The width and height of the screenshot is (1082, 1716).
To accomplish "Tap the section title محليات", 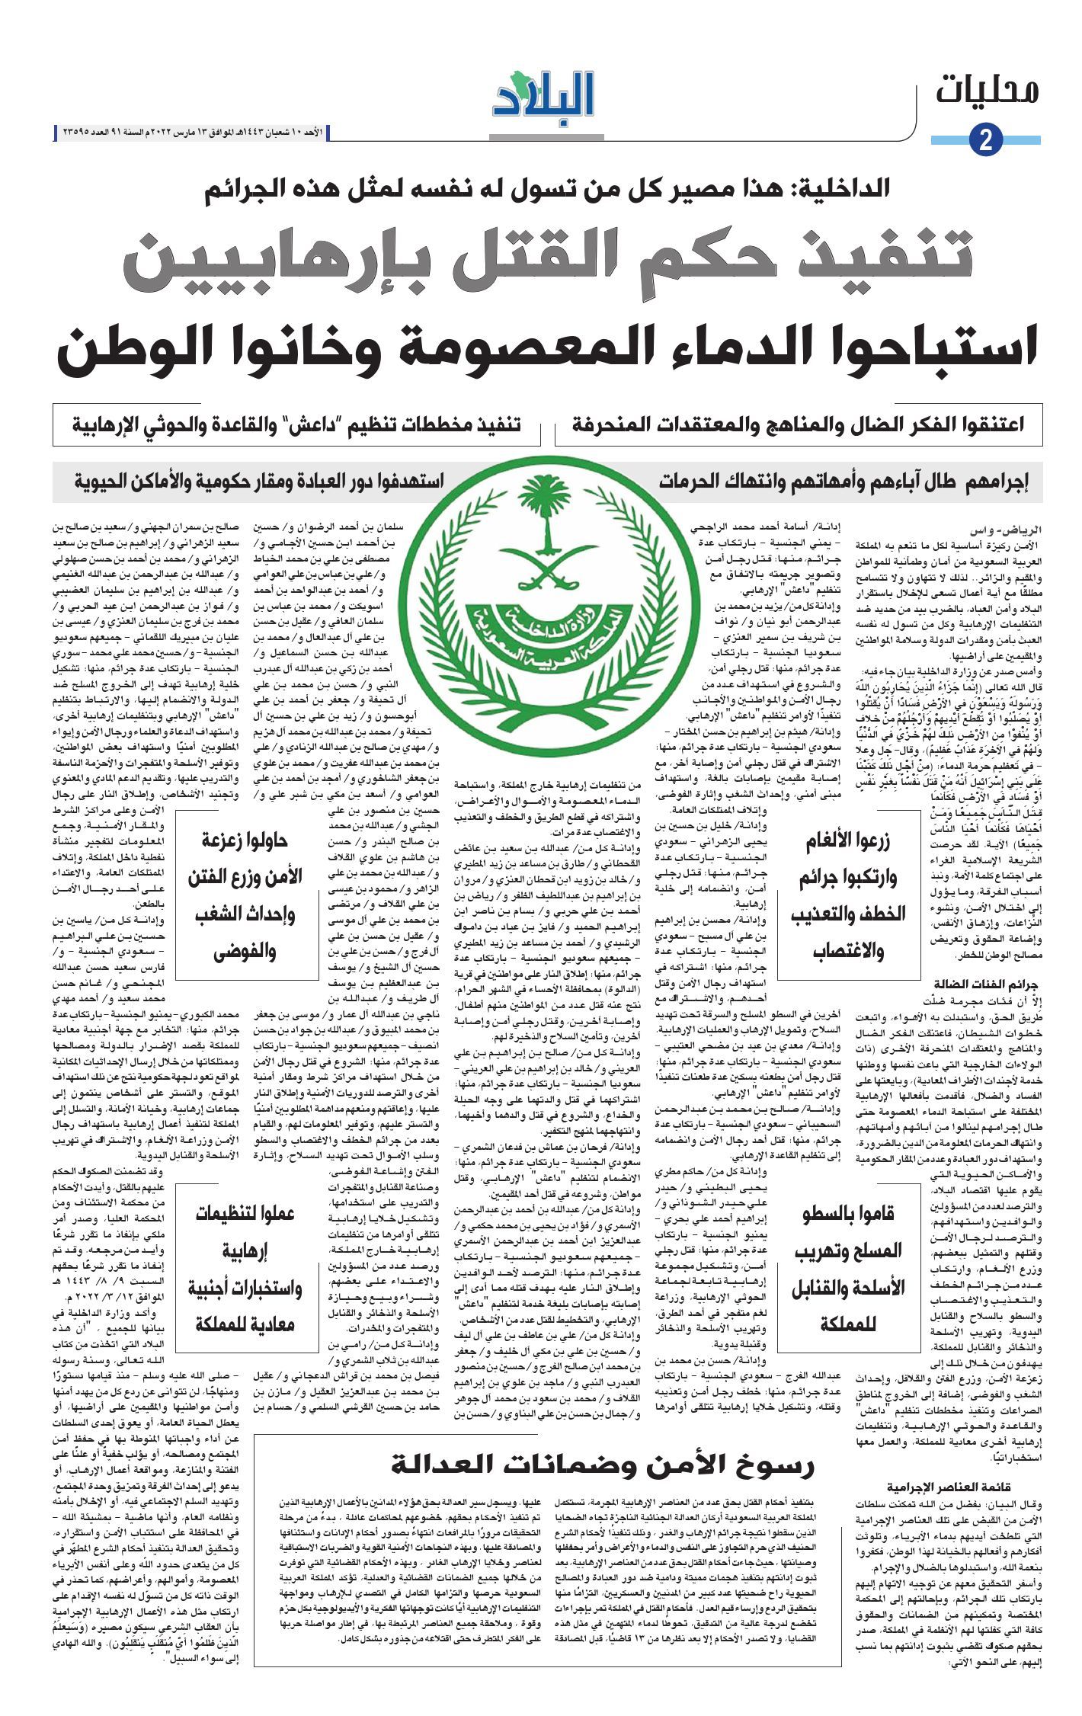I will point(988,91).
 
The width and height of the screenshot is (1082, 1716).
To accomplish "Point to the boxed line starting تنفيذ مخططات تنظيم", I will point(297,424).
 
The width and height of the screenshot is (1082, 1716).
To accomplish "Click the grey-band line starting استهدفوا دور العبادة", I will point(259,482).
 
